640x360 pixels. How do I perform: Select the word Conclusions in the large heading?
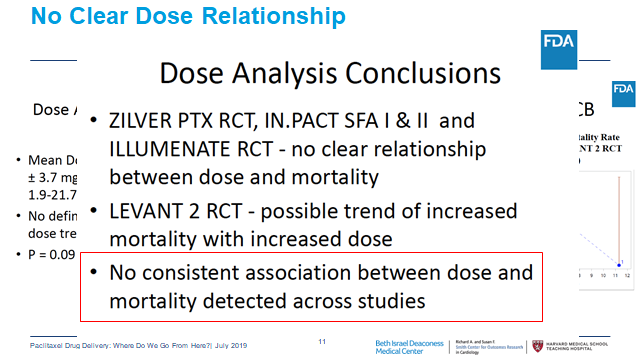[409, 73]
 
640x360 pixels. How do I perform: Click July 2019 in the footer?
[255, 345]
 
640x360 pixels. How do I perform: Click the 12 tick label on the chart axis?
[628, 275]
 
